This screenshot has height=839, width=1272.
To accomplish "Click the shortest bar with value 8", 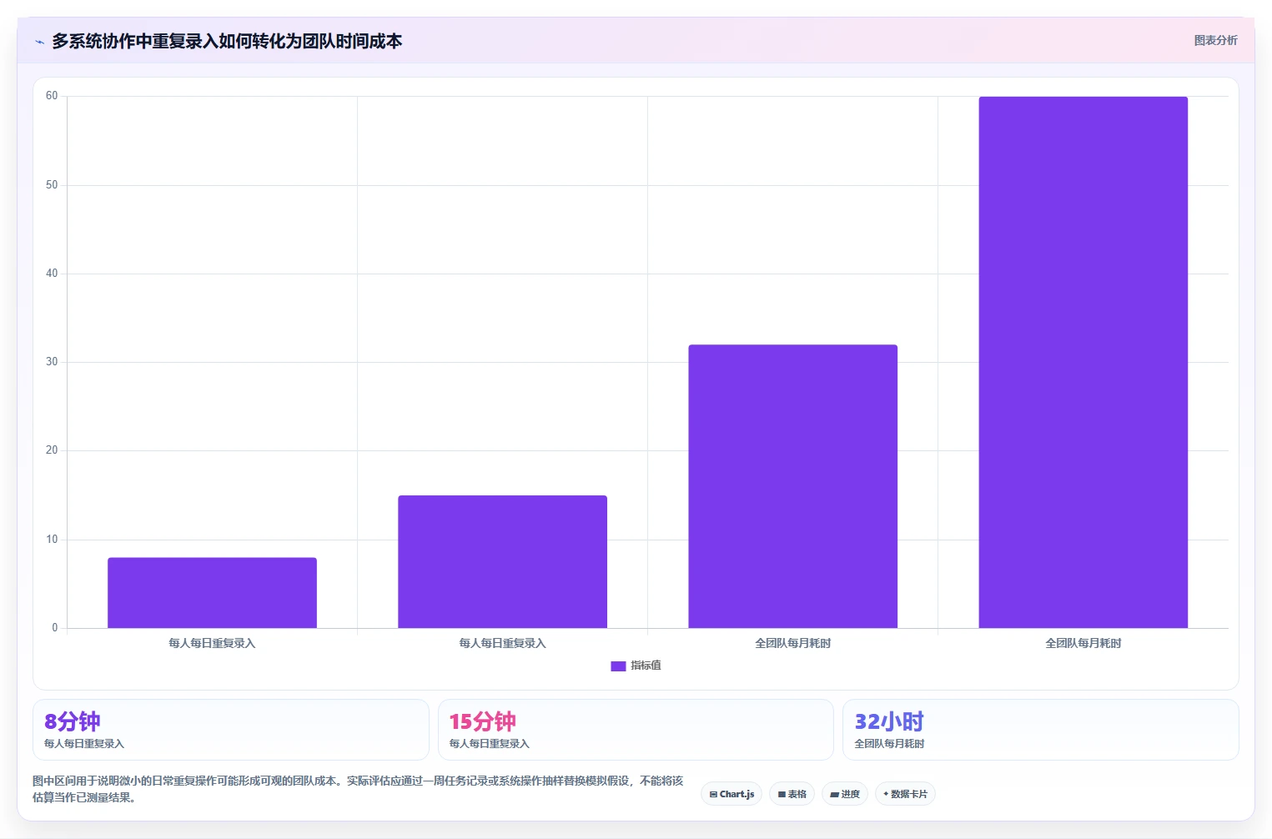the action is (x=213, y=593).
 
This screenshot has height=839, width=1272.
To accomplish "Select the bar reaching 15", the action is (x=503, y=562).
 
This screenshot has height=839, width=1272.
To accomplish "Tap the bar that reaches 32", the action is (x=792, y=486).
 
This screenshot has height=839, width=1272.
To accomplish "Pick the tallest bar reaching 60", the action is (x=1083, y=362).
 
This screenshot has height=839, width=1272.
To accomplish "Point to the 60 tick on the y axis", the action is (x=52, y=96).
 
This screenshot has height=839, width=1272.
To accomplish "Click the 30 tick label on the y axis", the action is (x=52, y=362).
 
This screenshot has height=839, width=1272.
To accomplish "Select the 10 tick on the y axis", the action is (x=52, y=540).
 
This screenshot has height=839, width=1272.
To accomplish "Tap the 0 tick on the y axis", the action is (x=54, y=627).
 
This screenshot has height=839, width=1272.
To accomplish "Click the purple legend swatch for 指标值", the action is (x=618, y=666).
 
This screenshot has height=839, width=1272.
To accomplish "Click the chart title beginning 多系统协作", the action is (x=227, y=42).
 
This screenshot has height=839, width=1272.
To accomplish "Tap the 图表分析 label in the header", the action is (x=1215, y=40).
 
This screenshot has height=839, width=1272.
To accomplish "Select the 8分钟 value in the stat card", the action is (x=72, y=721).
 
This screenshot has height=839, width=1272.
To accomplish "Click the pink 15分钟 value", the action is (x=482, y=721).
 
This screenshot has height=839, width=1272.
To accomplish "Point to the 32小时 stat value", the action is (x=888, y=721).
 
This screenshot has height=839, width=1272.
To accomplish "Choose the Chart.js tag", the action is (x=732, y=794).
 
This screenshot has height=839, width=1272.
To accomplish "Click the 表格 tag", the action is (x=792, y=794).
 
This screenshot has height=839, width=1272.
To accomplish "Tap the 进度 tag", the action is (x=844, y=794).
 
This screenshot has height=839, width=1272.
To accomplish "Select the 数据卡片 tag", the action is (x=905, y=794).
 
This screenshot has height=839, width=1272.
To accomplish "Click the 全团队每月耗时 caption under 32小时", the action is (x=889, y=744).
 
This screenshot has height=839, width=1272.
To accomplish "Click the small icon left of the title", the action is (x=39, y=42).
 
